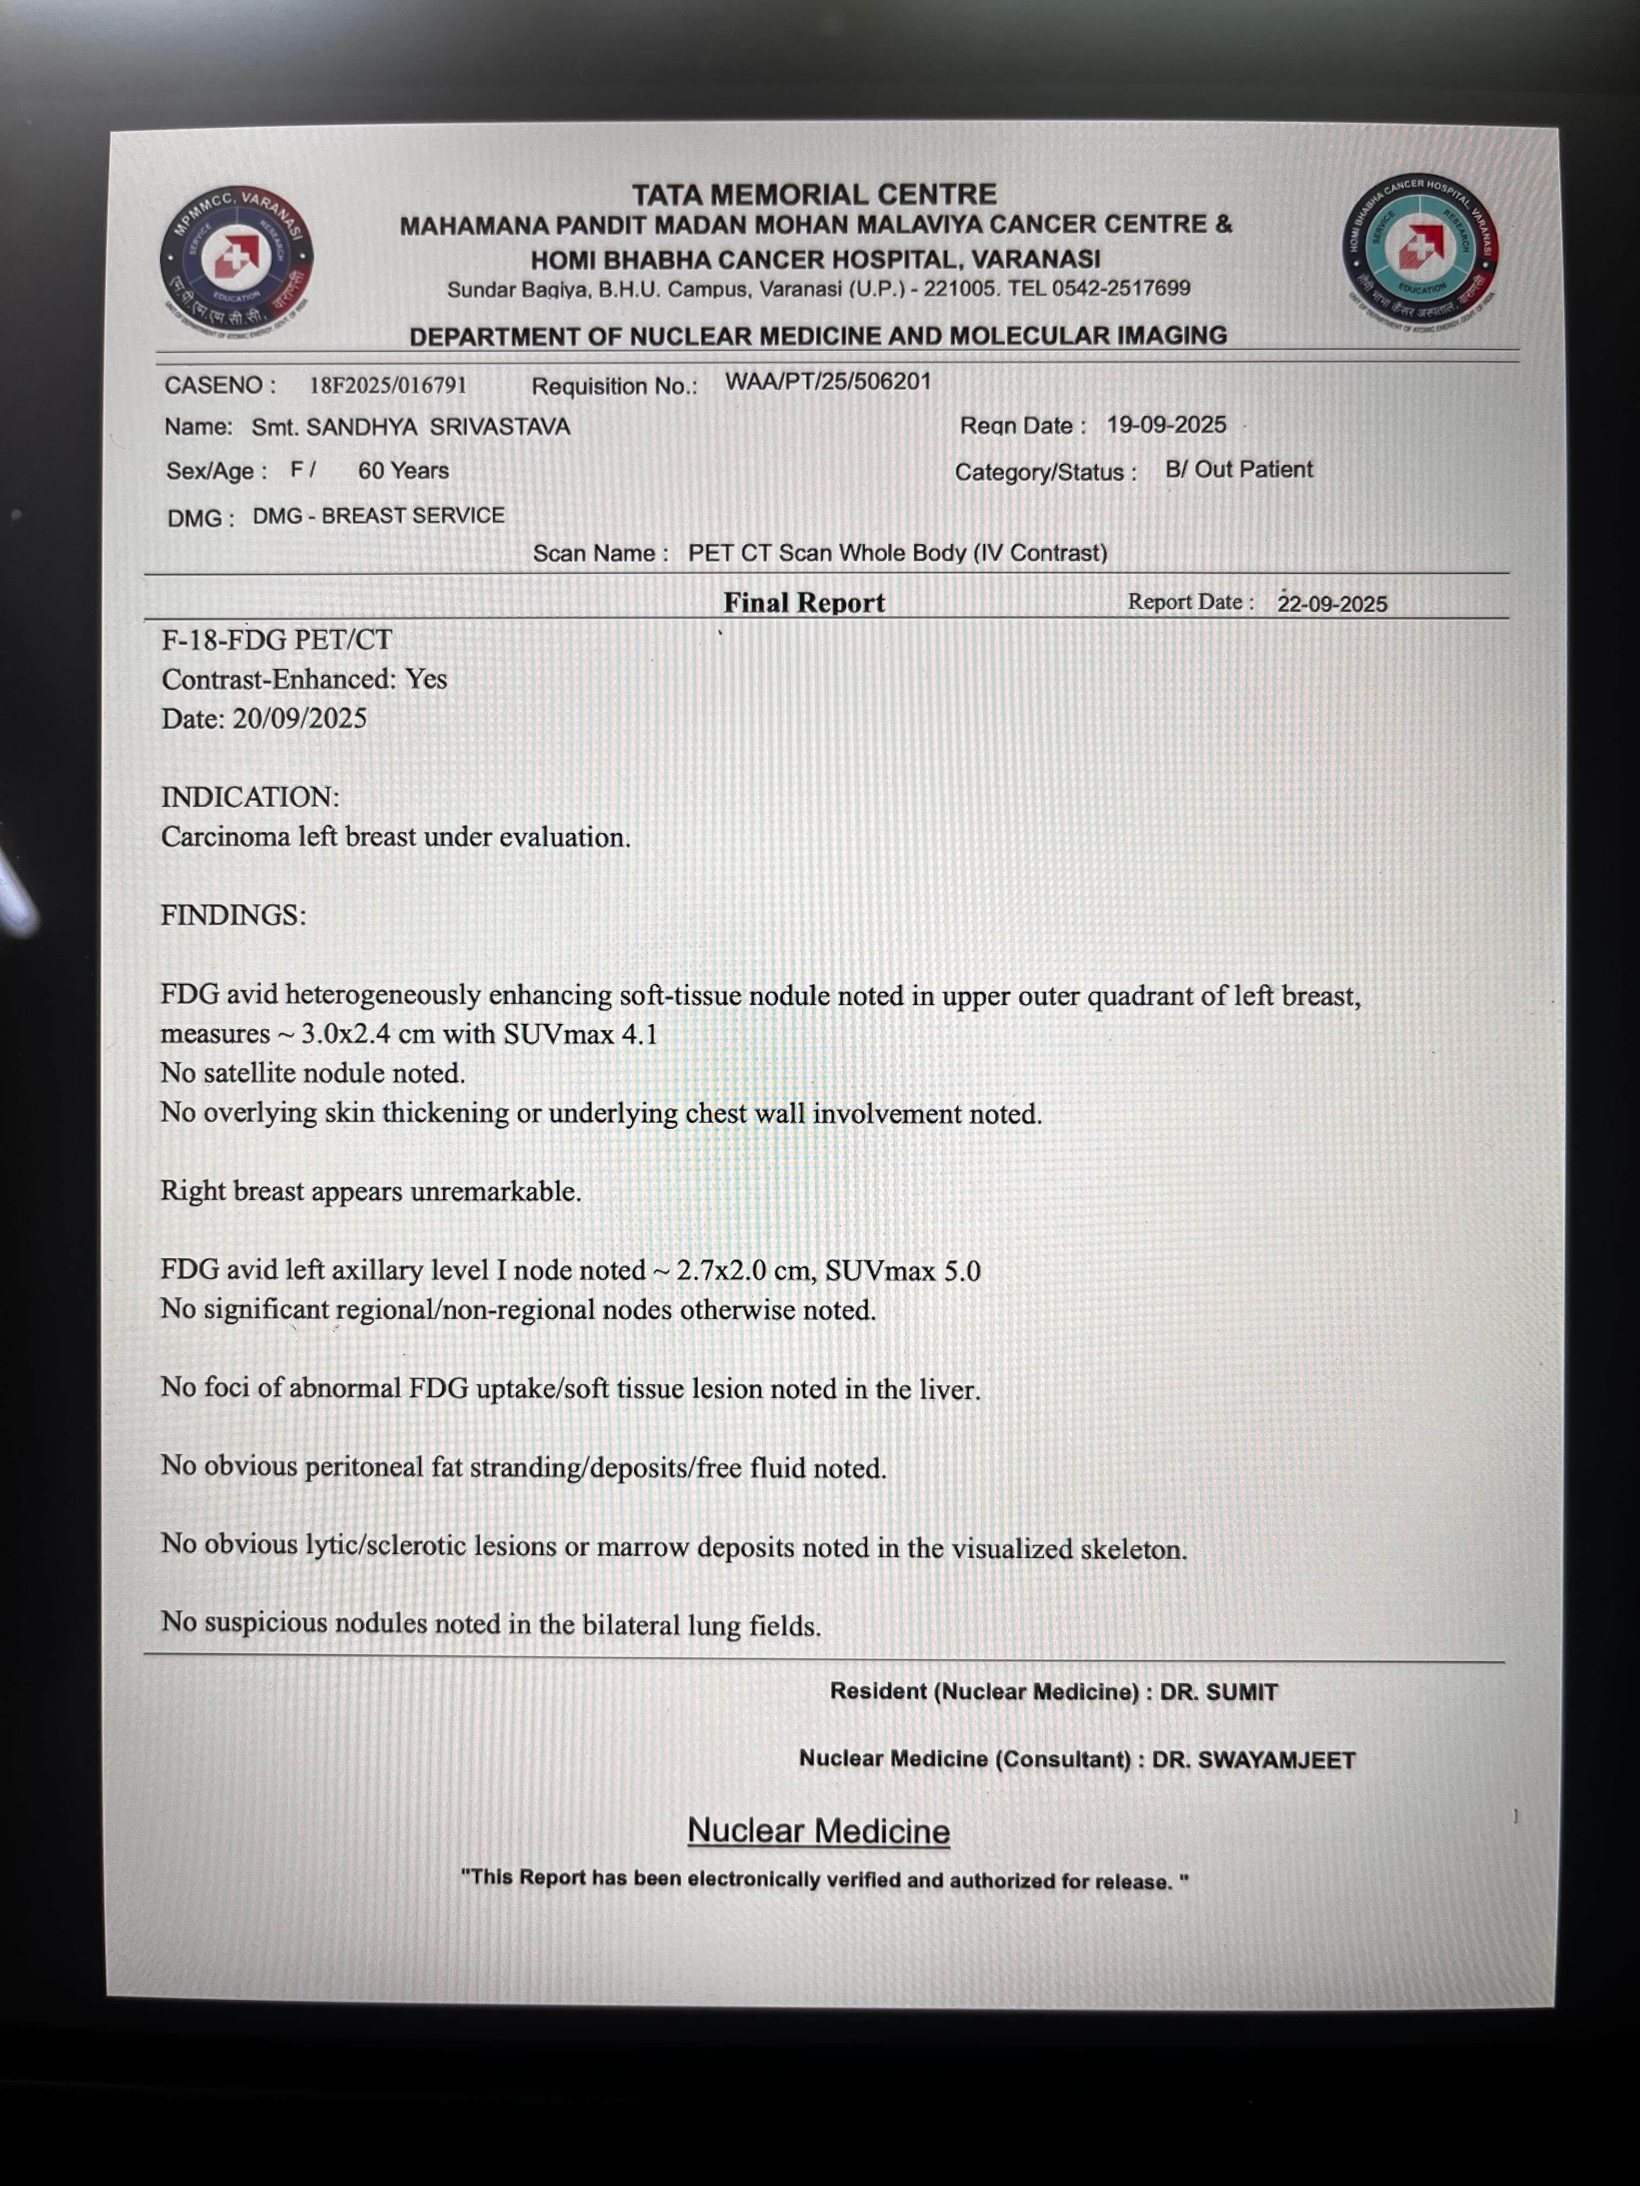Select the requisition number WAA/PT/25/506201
(828, 382)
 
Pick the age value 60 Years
(403, 471)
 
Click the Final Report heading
(804, 603)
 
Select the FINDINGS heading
(233, 915)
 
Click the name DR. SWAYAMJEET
(1253, 1760)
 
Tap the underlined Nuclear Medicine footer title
(818, 1831)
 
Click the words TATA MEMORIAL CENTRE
(815, 194)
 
